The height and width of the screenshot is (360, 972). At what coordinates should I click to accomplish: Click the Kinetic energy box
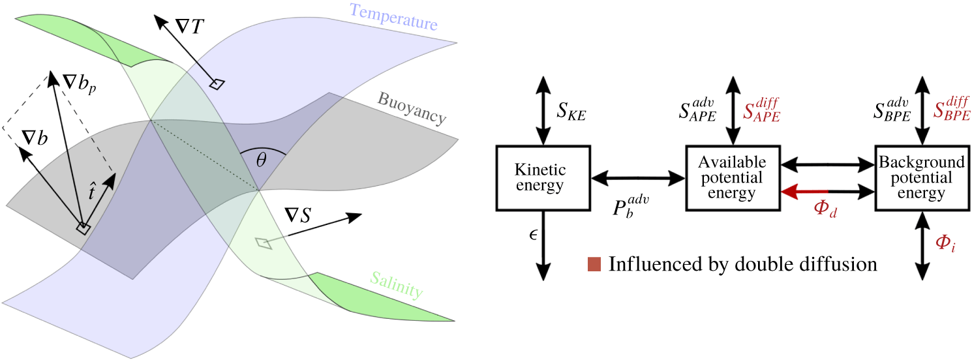543,178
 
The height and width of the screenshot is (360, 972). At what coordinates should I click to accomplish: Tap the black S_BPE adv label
894,109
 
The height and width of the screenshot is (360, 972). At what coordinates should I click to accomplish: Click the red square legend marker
594,264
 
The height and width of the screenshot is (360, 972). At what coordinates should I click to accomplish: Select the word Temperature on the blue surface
393,17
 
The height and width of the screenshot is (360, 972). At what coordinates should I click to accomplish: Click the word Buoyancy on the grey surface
411,108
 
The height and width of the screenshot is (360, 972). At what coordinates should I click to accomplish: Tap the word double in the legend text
778,264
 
